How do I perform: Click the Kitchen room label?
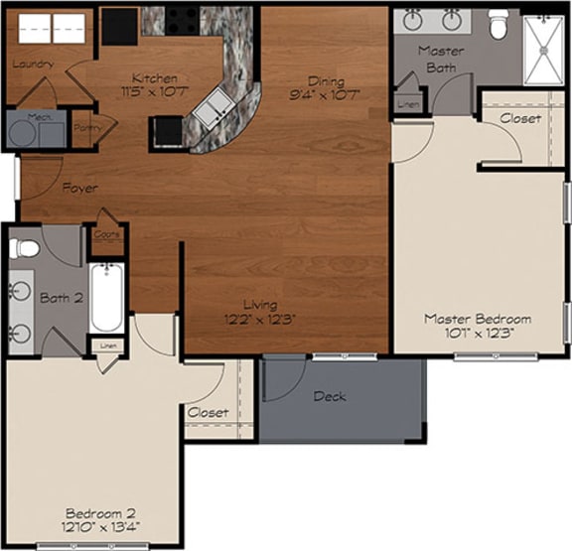(156, 78)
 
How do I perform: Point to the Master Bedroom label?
(478, 319)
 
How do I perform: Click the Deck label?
(329, 396)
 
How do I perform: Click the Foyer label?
(79, 187)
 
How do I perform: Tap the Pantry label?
(85, 128)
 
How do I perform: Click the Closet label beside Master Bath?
(520, 118)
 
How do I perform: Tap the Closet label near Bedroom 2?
(208, 412)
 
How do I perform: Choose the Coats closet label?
(106, 235)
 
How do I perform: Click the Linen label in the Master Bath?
(406, 102)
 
